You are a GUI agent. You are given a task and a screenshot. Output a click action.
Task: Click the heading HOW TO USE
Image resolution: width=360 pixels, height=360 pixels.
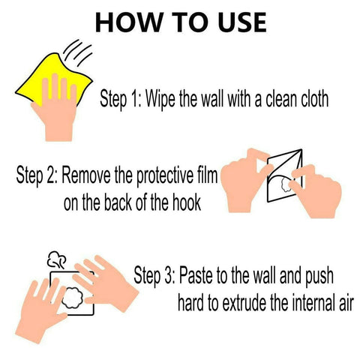point(180,22)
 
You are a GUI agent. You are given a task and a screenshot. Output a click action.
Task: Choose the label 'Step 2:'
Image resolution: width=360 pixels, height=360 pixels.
point(37,178)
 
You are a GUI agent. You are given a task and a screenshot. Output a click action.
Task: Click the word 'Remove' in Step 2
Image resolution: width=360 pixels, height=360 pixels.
point(86,178)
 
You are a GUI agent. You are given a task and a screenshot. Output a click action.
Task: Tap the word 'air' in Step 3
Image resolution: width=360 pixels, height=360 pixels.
point(343,303)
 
